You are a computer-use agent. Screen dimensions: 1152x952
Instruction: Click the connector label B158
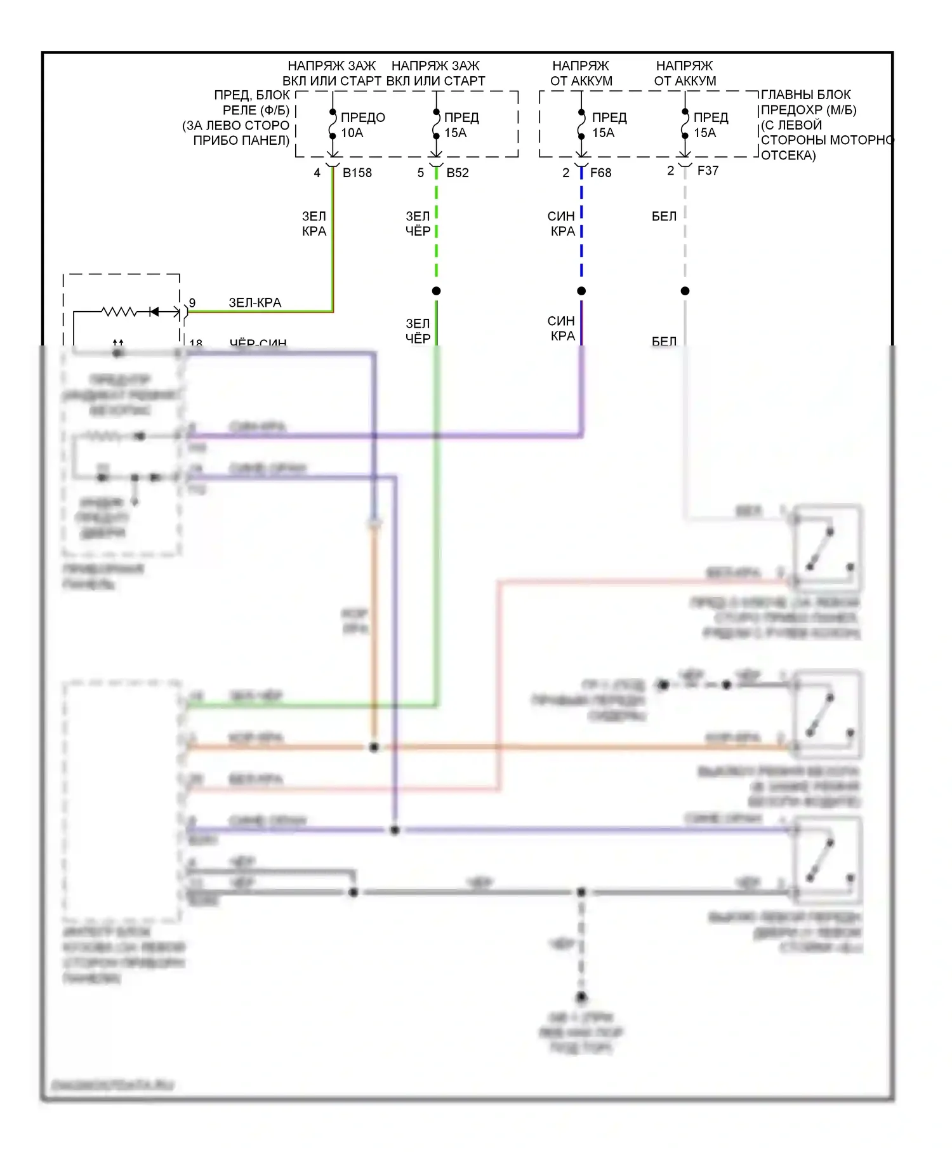point(357,173)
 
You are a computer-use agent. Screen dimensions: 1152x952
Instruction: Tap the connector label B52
point(458,173)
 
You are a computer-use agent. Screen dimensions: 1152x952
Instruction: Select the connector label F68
point(600,173)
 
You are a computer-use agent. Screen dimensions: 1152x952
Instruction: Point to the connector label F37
point(708,170)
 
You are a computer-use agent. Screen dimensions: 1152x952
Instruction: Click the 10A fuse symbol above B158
point(333,124)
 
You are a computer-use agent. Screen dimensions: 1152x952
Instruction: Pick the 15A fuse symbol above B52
point(436,124)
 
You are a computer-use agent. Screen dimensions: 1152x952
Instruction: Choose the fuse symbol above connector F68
point(581,124)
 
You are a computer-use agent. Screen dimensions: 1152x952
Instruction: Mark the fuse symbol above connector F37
point(685,124)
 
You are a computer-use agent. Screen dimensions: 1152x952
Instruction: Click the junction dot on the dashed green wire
point(436,291)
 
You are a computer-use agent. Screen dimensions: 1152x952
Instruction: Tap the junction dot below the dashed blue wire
point(581,291)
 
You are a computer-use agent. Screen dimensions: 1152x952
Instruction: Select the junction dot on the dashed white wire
point(685,291)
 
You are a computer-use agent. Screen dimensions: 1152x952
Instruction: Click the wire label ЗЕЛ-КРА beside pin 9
point(255,303)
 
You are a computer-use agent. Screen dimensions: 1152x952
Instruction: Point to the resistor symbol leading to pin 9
point(120,312)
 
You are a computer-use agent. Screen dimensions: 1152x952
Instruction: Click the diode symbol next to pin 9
point(154,312)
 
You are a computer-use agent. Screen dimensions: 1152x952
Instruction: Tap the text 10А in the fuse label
point(352,133)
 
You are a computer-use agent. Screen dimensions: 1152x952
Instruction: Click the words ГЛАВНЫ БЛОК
point(805,95)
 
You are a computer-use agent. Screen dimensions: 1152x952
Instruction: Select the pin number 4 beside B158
point(317,173)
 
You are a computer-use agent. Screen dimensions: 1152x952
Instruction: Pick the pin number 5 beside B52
point(420,173)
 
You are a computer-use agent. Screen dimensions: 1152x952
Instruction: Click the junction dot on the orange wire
point(374,747)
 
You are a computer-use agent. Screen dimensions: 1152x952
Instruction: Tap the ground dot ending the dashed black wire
point(581,996)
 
